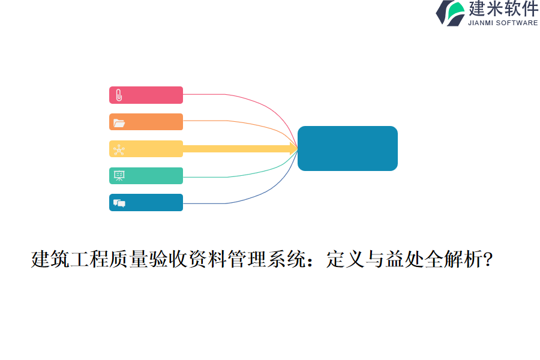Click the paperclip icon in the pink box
119,95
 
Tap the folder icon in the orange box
119,122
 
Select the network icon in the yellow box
119,149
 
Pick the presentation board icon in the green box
119,176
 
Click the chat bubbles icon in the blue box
119,203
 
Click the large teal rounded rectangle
347,148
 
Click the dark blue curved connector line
258,195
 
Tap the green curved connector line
258,172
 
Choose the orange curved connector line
258,125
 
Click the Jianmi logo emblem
450,13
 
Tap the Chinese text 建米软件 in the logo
503,9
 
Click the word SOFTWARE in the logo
518,23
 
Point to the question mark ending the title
488,260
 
